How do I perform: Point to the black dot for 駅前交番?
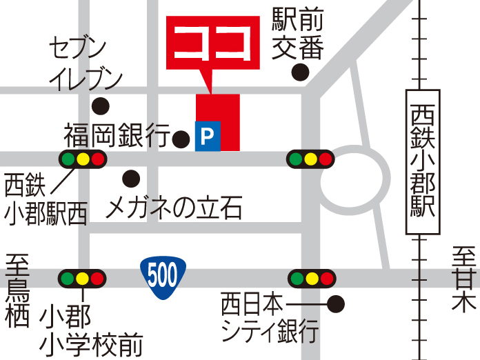pos(300,71)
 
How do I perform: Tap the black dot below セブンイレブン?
pos(101,106)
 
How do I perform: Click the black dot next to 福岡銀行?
pos(181,139)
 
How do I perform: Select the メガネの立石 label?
pos(174,206)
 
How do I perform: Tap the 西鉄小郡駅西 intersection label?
pos(46,200)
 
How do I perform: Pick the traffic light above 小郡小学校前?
pos(82,279)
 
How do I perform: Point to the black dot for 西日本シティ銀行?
pos(336,303)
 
